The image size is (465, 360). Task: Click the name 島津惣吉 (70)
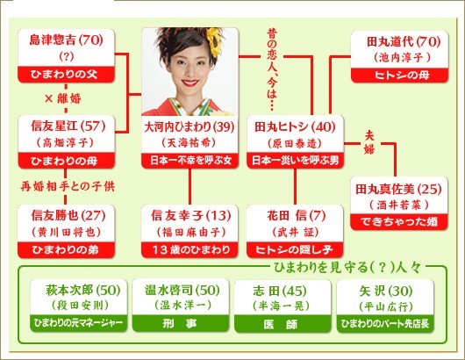pyautogui.click(x=66, y=40)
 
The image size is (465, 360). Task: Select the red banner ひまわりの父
pyautogui.click(x=66, y=75)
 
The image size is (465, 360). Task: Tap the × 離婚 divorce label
pyautogui.click(x=63, y=98)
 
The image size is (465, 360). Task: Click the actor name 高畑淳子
pyautogui.click(x=65, y=143)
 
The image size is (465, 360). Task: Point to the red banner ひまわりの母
pyautogui.click(x=66, y=161)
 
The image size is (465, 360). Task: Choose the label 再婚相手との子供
pyautogui.click(x=68, y=186)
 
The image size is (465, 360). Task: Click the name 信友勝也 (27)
pyautogui.click(x=68, y=215)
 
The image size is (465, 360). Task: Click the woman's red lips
pyautogui.click(x=190, y=83)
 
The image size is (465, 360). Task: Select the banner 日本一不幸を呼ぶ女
pyautogui.click(x=190, y=161)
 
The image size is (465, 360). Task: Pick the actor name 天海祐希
pyautogui.click(x=189, y=143)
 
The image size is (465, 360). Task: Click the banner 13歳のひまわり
pyautogui.click(x=190, y=249)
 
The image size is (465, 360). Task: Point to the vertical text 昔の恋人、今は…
pyautogui.click(x=272, y=69)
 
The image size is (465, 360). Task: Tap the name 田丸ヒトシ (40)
pyautogui.click(x=295, y=127)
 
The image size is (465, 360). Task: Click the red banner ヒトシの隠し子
pyautogui.click(x=295, y=249)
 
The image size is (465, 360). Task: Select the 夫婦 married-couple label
pyautogui.click(x=369, y=143)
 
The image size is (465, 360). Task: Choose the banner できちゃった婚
pyautogui.click(x=399, y=221)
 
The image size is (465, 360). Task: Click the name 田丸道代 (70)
pyautogui.click(x=404, y=41)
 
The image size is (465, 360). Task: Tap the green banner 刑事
pyautogui.click(x=181, y=323)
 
